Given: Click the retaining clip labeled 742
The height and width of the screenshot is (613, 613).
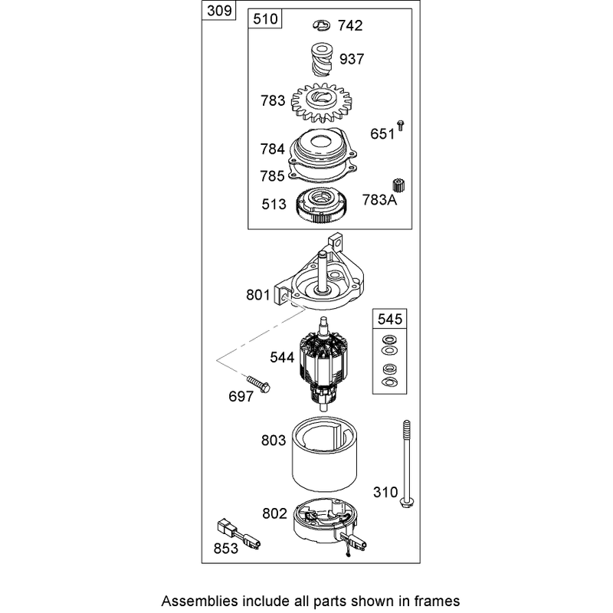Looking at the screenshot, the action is pos(321,26).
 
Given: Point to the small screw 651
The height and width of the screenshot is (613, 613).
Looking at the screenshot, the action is pos(400,126).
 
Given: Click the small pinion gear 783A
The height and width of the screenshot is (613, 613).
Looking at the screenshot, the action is pos(398,185).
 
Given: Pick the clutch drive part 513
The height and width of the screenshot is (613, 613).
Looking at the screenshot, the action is pos(322,205).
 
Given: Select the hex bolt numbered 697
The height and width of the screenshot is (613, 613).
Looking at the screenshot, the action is pos(258,384).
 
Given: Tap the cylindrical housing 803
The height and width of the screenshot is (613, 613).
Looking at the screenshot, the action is pos(324,454).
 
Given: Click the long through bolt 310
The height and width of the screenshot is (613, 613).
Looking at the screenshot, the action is pos(407,465).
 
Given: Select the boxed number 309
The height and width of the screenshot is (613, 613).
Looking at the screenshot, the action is pos(219,11).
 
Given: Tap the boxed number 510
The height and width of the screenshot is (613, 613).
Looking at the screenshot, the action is pos(265,18).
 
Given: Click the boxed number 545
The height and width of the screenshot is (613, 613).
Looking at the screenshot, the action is pos(390,319).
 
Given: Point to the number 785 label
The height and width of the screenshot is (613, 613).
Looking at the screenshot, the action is pos(273,176).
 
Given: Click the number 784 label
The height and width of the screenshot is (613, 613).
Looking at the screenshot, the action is pos(273,149).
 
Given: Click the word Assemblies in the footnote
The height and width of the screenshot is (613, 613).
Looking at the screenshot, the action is pos(199,601).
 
